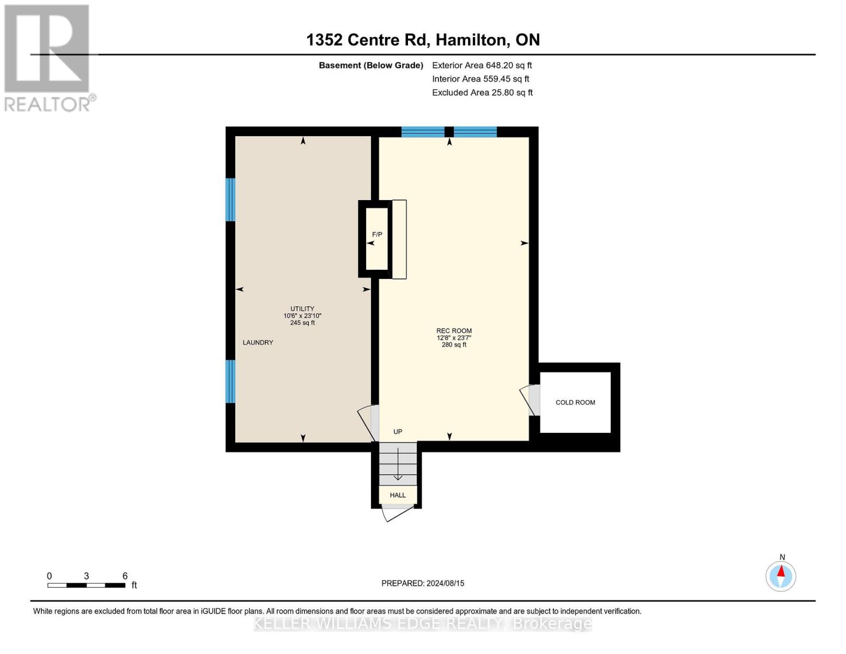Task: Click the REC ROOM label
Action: click(454, 331)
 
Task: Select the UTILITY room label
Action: click(302, 309)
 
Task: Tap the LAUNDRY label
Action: click(258, 343)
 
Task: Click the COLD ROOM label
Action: click(575, 403)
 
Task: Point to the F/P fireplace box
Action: click(376, 239)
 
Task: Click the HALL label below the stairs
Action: click(398, 495)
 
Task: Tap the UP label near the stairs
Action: click(398, 432)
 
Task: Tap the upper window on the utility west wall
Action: click(231, 199)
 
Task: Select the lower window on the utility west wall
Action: click(231, 381)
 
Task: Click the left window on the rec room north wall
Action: click(423, 132)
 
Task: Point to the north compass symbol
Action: click(781, 576)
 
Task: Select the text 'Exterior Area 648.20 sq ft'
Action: click(482, 65)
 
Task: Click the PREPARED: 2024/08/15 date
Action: click(423, 583)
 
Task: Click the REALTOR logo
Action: click(48, 57)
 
